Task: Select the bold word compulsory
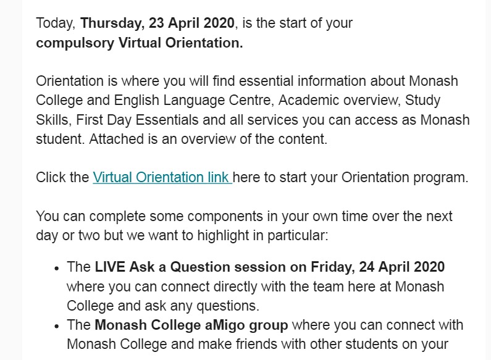(75, 43)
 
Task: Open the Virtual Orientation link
(162, 177)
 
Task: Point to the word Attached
(117, 139)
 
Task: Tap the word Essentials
(167, 120)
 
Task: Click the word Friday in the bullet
(332, 267)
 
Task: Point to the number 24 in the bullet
(367, 267)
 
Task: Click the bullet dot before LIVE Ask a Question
(56, 268)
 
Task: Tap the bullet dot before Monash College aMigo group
(56, 326)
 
